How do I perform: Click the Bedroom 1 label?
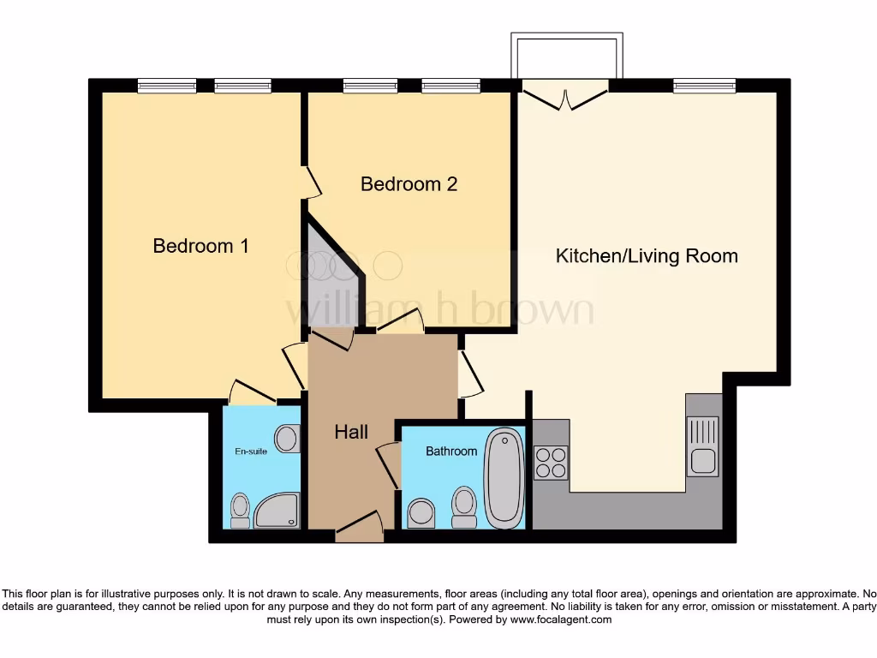click(200, 246)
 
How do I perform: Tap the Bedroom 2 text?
click(409, 184)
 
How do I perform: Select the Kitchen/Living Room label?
click(647, 255)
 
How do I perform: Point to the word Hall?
click(351, 432)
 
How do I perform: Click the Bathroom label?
click(451, 451)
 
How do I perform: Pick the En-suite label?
click(251, 451)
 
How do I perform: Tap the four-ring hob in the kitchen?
click(551, 463)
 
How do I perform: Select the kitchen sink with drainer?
click(703, 446)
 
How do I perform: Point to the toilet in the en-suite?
click(241, 510)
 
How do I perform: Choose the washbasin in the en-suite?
click(287, 439)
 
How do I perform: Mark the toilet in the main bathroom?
click(464, 507)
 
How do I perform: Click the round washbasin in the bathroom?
click(421, 513)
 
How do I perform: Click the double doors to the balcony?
click(565, 95)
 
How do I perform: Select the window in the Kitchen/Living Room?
click(704, 85)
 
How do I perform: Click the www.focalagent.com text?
click(561, 619)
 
